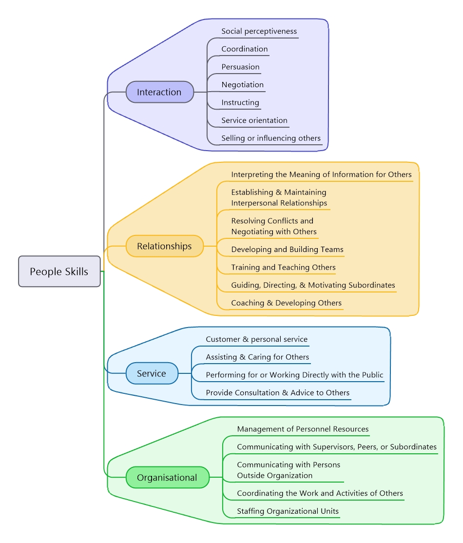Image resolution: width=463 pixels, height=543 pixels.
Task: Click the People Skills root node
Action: (59, 271)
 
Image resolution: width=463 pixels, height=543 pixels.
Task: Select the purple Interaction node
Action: (159, 92)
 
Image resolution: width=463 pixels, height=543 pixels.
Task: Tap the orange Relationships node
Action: (164, 246)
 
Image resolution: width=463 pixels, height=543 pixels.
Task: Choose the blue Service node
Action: (152, 373)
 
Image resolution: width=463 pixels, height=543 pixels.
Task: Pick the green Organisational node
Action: (167, 478)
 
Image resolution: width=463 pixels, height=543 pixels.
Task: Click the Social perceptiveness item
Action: (259, 31)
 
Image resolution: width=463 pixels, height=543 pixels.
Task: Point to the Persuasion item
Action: (240, 67)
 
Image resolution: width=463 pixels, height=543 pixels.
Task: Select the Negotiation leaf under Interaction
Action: (242, 85)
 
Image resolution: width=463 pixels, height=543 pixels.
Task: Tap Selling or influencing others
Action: (271, 138)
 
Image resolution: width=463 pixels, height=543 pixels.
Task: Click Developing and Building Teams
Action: (287, 250)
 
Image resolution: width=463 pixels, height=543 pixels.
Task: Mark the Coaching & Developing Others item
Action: (286, 303)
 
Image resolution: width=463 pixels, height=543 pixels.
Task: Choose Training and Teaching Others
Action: (283, 268)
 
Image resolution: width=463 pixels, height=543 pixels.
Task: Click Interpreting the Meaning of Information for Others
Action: (321, 175)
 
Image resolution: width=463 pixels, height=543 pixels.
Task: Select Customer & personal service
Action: (256, 339)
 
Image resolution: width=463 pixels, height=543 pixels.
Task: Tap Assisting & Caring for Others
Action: (257, 357)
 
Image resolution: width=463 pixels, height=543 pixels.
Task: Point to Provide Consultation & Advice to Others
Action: (277, 393)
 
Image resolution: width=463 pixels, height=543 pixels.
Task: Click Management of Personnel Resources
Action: (303, 429)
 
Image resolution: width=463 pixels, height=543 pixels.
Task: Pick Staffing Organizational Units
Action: (288, 511)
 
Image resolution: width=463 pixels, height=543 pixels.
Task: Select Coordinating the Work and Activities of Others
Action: (320, 493)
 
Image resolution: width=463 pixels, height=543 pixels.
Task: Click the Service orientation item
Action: (254, 120)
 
